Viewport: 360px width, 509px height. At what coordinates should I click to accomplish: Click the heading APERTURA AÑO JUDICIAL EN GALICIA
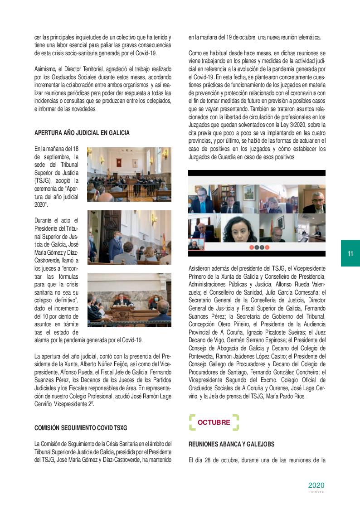[x=82, y=133]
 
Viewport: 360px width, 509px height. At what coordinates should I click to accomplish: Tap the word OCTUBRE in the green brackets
[x=214, y=422]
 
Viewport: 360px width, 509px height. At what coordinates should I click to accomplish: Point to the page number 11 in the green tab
[x=350, y=253]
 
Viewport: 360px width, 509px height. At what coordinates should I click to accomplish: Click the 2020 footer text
[x=316, y=485]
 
